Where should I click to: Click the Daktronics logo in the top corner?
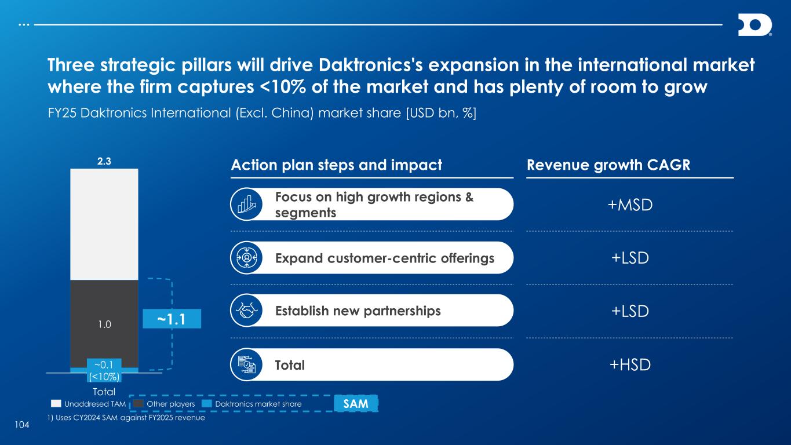point(754,25)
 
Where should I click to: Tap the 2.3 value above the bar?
point(104,162)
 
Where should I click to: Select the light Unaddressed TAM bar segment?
point(104,224)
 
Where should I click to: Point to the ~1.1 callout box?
point(172,319)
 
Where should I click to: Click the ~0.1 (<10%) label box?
point(104,370)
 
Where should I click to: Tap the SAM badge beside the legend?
point(356,403)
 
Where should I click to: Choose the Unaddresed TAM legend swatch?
point(56,404)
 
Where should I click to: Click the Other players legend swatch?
point(138,404)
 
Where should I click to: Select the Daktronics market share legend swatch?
point(206,404)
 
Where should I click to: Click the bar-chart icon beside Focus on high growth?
point(246,204)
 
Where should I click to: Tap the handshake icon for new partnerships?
point(246,311)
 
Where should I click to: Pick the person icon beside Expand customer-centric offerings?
point(246,257)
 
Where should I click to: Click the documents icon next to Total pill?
point(246,364)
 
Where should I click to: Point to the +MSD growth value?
point(630,205)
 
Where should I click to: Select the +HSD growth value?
point(630,365)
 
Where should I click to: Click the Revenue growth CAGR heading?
point(608,165)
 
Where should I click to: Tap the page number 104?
point(22,425)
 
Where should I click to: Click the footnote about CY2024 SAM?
point(126,418)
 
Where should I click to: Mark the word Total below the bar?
point(104,392)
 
